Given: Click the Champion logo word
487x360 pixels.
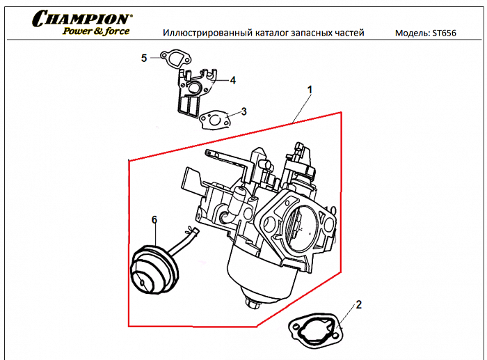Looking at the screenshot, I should click(81, 18).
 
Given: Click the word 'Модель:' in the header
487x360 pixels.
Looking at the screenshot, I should click(412, 33).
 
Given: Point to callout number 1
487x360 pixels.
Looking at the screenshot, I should click(310, 91).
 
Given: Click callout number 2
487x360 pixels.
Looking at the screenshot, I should click(359, 304).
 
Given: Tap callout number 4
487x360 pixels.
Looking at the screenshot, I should click(232, 80).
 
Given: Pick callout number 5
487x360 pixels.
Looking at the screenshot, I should click(144, 58).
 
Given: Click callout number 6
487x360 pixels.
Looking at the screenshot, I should click(154, 220).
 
